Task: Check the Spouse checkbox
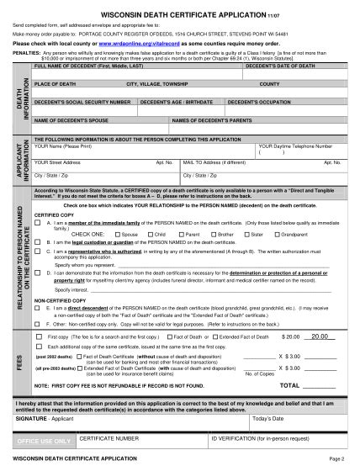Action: pos(116,234)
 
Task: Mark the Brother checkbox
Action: pos(211,234)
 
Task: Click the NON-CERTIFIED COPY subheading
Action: pos(62,299)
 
